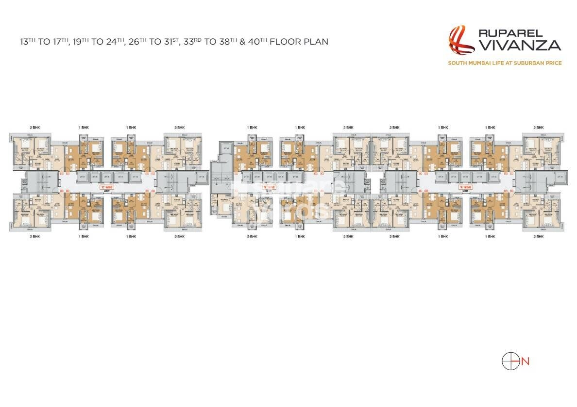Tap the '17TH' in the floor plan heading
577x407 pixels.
[69, 42]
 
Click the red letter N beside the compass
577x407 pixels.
[525, 361]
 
